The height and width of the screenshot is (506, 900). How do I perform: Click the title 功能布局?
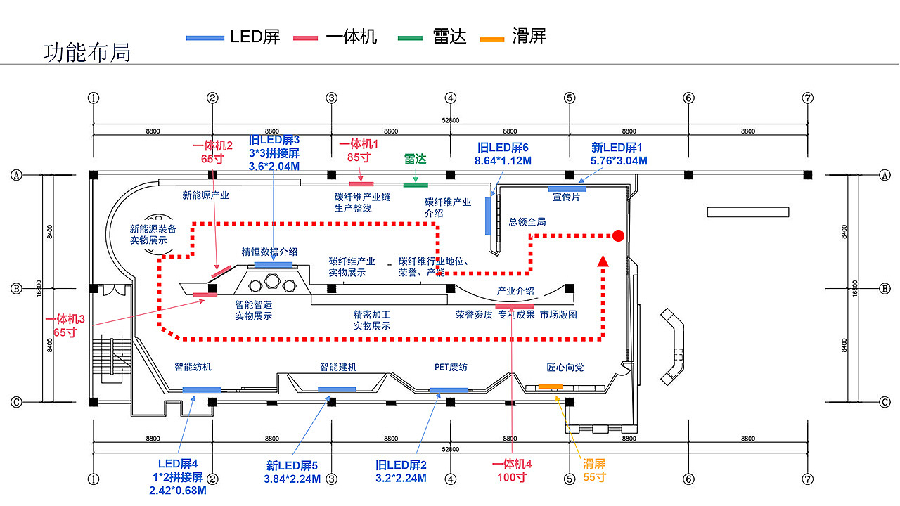(x=86, y=53)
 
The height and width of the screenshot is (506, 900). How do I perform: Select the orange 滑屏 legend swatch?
(x=491, y=38)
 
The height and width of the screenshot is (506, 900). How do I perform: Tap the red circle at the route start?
(x=618, y=235)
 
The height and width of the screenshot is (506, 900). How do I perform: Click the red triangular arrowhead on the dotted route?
(x=603, y=261)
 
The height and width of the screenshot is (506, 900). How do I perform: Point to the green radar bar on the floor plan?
(x=416, y=186)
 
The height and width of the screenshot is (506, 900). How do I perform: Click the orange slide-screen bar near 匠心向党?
(x=551, y=387)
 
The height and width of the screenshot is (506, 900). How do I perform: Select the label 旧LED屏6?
(x=503, y=148)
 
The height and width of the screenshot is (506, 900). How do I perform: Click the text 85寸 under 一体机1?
(x=359, y=157)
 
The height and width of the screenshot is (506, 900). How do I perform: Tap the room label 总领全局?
(x=527, y=221)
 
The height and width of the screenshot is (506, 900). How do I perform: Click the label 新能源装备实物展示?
(x=153, y=234)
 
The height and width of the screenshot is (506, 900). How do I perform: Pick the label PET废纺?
(x=451, y=367)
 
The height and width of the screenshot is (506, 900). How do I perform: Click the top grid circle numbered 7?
(x=807, y=98)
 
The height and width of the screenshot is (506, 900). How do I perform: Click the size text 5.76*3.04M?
(x=619, y=161)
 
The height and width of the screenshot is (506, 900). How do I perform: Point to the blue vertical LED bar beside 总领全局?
(x=487, y=216)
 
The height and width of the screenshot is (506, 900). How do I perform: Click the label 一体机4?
(x=512, y=464)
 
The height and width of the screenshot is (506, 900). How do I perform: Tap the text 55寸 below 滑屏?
(x=594, y=477)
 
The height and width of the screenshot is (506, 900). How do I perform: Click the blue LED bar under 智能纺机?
(x=201, y=390)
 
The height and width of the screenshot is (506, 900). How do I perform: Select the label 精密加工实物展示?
(x=372, y=320)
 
